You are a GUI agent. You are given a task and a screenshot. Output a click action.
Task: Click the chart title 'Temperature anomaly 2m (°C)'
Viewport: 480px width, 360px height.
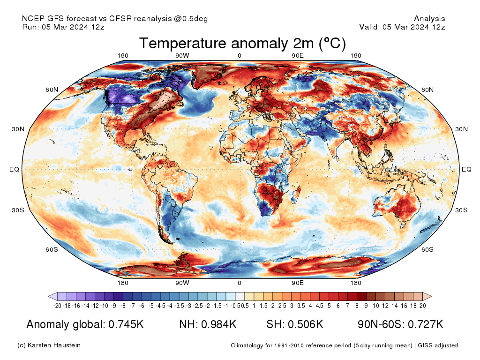click(x=242, y=44)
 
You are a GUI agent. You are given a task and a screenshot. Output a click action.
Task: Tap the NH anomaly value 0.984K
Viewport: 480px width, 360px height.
click(x=219, y=324)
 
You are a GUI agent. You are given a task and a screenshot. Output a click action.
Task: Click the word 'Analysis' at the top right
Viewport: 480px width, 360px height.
click(x=429, y=19)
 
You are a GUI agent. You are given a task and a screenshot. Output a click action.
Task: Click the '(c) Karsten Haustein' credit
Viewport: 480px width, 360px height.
click(x=49, y=345)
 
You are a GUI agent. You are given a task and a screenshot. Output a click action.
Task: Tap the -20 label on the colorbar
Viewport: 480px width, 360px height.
click(x=57, y=306)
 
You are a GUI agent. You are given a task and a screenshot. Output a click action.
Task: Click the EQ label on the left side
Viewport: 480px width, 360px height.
click(x=14, y=169)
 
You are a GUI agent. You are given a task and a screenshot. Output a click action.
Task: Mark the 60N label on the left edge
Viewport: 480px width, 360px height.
click(x=52, y=90)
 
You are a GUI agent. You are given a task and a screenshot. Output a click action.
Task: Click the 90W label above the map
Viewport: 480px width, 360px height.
click(x=182, y=56)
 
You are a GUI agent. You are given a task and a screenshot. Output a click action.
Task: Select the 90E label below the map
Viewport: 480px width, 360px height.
click(x=298, y=283)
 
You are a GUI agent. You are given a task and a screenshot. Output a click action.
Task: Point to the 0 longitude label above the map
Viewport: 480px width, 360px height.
click(x=240, y=56)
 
